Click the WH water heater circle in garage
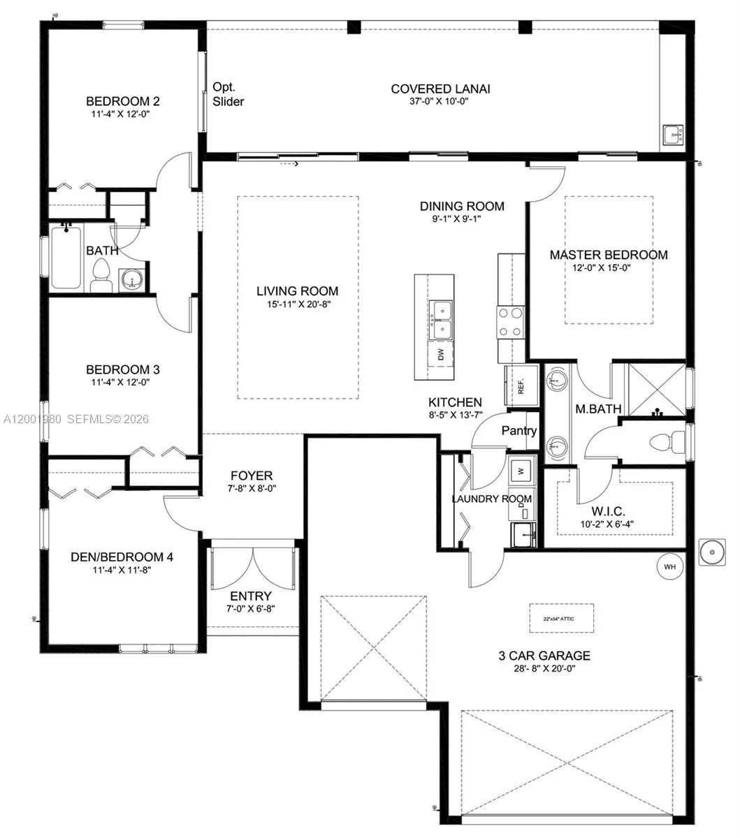click(669, 566)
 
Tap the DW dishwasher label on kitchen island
click(441, 355)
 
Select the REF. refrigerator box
click(522, 386)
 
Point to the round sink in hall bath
click(131, 280)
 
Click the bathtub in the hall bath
click(66, 256)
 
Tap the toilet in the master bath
click(665, 442)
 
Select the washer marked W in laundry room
click(521, 471)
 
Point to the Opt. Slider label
click(228, 94)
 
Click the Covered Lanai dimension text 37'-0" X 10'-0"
click(440, 101)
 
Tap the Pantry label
click(518, 431)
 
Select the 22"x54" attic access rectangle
click(561, 617)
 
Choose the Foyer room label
click(252, 476)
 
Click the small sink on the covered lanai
click(673, 134)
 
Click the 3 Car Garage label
click(544, 656)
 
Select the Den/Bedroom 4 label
click(122, 557)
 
